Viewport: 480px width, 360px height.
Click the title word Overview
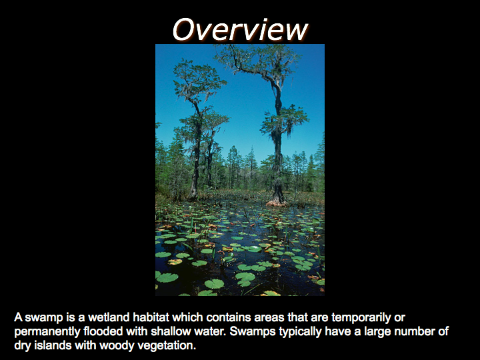click(240, 29)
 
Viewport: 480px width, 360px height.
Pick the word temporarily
click(361, 318)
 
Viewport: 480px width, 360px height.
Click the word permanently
click(47, 332)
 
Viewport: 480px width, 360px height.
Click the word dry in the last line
click(23, 346)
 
